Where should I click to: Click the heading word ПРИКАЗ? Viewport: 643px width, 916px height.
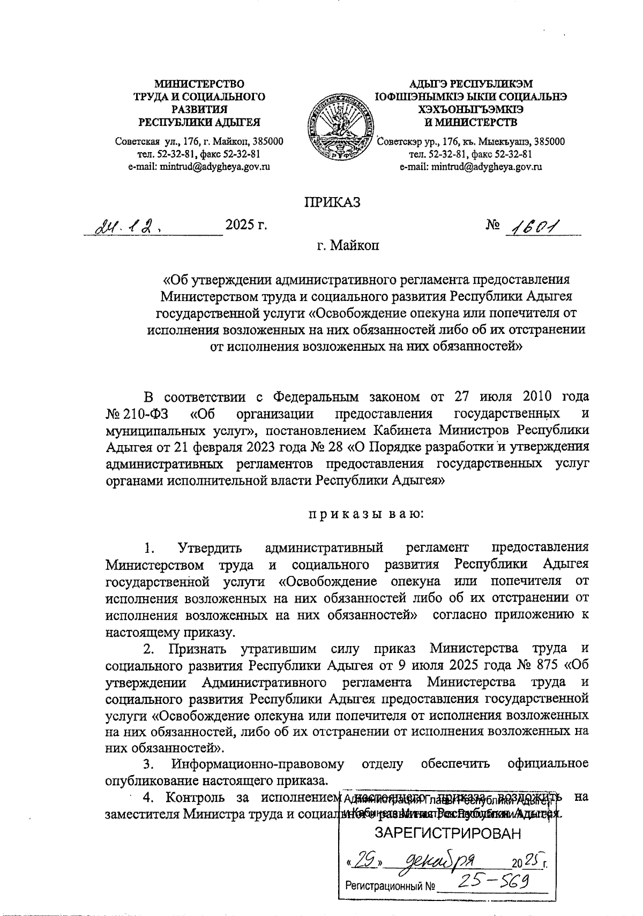(332, 202)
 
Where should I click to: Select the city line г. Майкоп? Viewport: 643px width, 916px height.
(347, 247)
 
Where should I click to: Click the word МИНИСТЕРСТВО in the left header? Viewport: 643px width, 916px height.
(199, 84)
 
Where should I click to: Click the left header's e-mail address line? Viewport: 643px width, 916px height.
(199, 167)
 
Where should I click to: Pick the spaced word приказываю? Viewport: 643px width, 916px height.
(365, 515)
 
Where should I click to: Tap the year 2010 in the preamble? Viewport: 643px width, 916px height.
(521, 397)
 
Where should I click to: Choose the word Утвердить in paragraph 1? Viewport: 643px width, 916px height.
(210, 548)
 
